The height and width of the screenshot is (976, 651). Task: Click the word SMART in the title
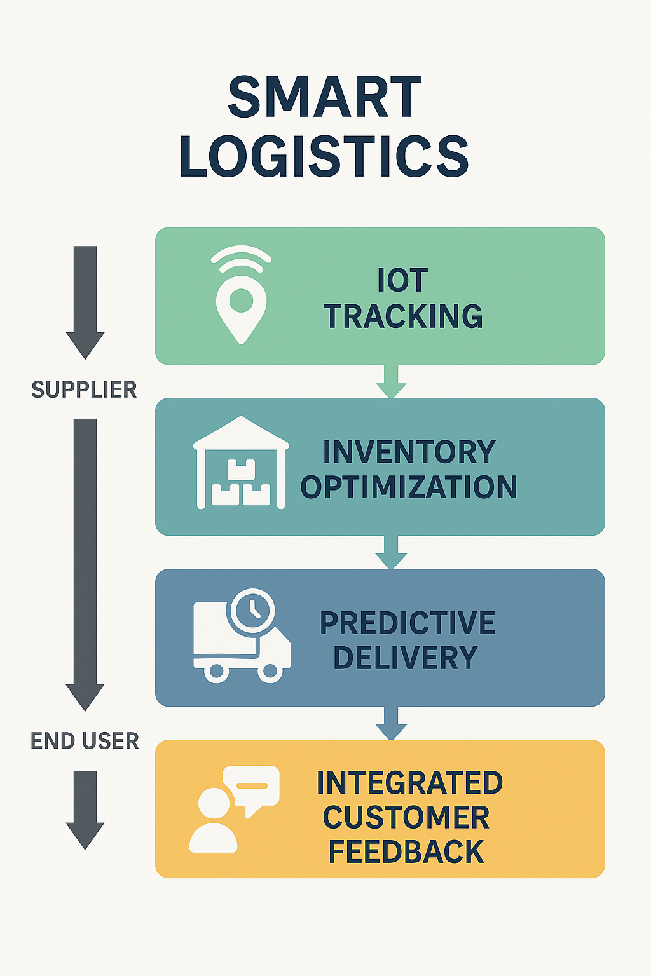pos(324,97)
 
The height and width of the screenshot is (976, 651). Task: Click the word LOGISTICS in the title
pos(324,156)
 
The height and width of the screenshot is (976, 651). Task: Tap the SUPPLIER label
pos(84,390)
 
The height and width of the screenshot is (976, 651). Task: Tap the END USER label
pos(85,741)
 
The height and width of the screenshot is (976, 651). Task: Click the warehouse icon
pos(241,463)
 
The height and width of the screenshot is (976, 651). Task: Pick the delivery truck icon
pos(242,642)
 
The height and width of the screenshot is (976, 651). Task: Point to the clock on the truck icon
pos(252,609)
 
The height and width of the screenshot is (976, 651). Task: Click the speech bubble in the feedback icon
pos(255,788)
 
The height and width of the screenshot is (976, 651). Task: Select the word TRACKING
pos(403,316)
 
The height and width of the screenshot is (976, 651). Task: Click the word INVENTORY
pos(409,452)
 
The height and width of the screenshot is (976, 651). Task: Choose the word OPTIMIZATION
pos(409,487)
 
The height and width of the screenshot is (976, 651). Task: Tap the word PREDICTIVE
pos(408,623)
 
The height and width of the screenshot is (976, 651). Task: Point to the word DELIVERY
pos(405,658)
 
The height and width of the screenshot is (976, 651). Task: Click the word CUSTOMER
pos(406,818)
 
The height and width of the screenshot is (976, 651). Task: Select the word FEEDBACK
pos(406,852)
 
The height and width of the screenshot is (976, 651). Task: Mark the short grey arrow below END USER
pos(85,809)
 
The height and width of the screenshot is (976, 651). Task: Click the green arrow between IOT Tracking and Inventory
pos(391,382)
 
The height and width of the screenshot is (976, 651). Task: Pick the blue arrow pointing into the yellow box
pos(391,724)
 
